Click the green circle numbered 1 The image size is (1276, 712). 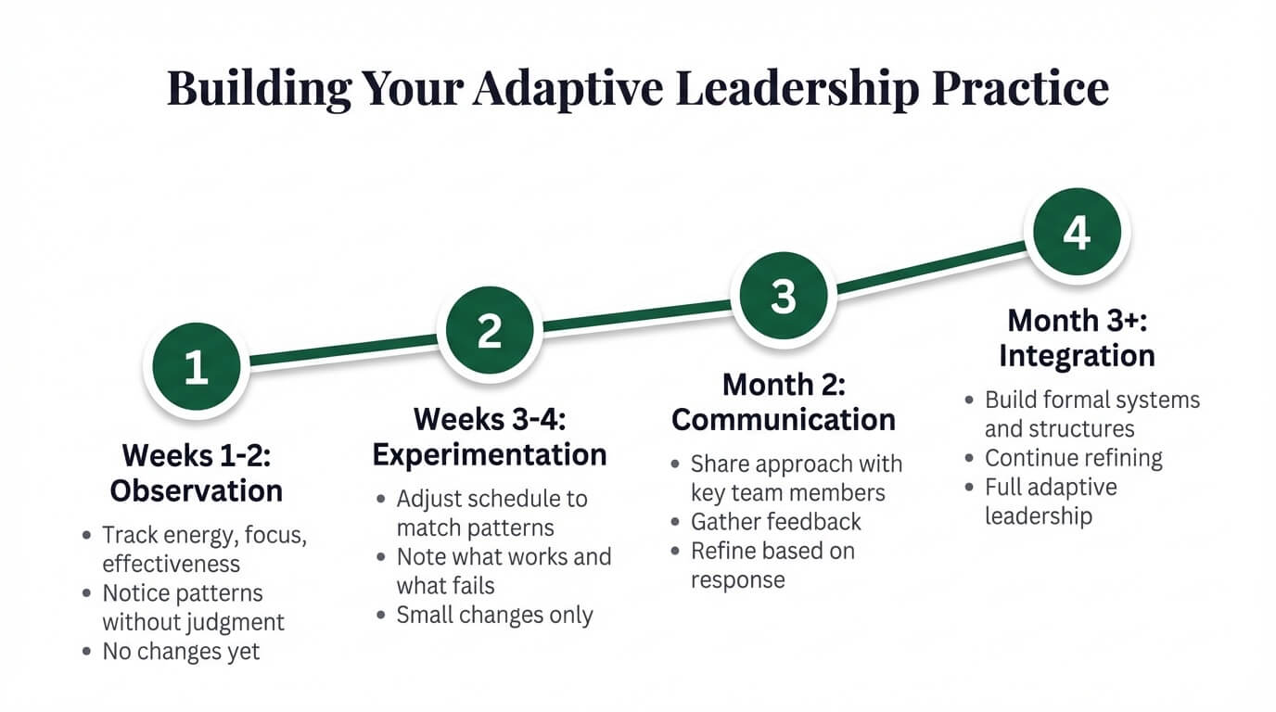196,367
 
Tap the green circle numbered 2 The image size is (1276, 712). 490,331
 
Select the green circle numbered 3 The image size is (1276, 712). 784,297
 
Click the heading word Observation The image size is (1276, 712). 196,489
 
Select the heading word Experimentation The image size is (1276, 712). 490,454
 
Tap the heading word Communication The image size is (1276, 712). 784,419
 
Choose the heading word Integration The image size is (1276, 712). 1077,356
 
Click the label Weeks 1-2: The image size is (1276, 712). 196,455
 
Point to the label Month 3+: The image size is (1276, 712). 1077,321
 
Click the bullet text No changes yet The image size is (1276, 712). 181,652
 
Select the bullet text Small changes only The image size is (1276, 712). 494,615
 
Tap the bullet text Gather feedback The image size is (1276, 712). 776,522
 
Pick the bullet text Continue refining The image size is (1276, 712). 1073,458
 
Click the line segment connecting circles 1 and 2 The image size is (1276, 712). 343,350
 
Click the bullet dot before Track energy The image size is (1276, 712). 87,536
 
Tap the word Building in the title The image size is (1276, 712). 259,88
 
